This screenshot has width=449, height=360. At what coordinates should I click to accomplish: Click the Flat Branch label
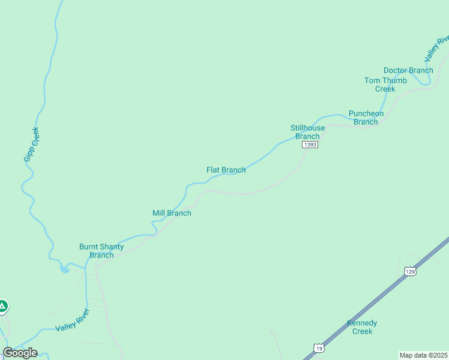click(x=226, y=170)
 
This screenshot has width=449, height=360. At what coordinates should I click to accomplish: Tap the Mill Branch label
click(x=172, y=213)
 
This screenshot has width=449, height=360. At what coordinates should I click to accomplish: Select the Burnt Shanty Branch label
click(x=101, y=251)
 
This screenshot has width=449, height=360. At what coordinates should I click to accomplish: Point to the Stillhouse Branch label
click(x=307, y=132)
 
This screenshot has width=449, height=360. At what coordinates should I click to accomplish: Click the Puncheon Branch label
click(x=366, y=118)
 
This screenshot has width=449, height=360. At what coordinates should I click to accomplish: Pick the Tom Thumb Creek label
click(x=385, y=85)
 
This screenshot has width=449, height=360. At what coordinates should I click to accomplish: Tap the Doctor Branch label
click(x=408, y=70)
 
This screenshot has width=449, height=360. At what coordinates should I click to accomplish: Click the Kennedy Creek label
click(x=363, y=327)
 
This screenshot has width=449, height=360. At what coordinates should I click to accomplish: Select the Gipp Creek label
click(x=31, y=144)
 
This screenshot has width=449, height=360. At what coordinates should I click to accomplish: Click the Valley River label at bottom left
click(x=72, y=320)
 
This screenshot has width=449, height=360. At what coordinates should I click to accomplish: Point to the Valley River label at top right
click(x=436, y=48)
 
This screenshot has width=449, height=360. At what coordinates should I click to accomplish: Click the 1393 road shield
click(x=310, y=145)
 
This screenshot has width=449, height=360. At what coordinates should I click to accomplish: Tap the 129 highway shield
click(x=410, y=272)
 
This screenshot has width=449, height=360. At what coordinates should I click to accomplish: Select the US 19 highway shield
click(x=318, y=347)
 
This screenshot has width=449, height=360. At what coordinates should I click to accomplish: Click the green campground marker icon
click(x=2, y=307)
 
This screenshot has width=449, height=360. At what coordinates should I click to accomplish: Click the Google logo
click(x=20, y=353)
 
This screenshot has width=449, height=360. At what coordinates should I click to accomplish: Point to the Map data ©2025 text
click(x=423, y=355)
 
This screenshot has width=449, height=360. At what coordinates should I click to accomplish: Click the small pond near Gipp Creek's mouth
click(x=64, y=269)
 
